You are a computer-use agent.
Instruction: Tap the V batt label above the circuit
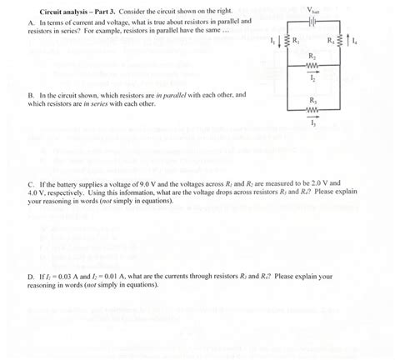click(x=314, y=9)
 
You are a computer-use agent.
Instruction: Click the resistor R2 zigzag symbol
click(x=312, y=63)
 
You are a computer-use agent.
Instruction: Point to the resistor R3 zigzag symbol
click(x=312, y=107)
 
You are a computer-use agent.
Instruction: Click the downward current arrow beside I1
click(x=280, y=42)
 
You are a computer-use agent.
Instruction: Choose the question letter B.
click(x=30, y=95)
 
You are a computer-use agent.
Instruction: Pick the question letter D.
click(x=30, y=276)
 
